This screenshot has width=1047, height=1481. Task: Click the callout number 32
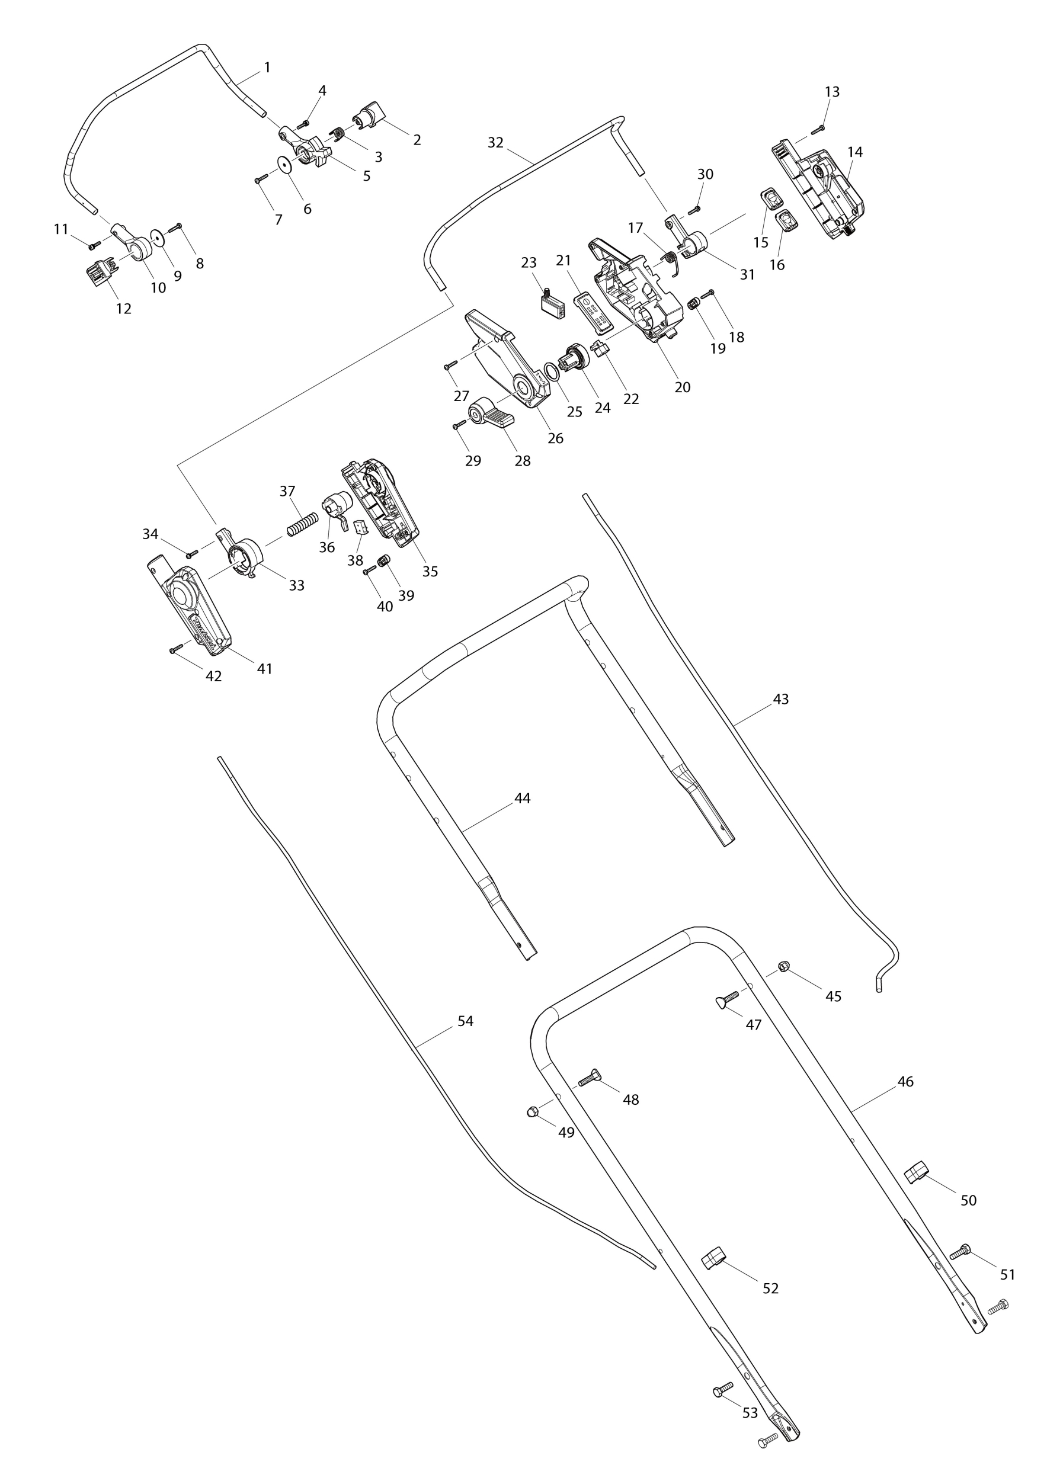click(495, 143)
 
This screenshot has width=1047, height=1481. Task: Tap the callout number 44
click(522, 799)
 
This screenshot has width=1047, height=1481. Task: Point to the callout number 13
click(831, 92)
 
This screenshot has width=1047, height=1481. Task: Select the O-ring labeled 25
click(551, 371)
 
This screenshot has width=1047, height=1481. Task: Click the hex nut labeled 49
click(533, 1111)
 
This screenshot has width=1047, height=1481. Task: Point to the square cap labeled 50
click(915, 1171)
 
